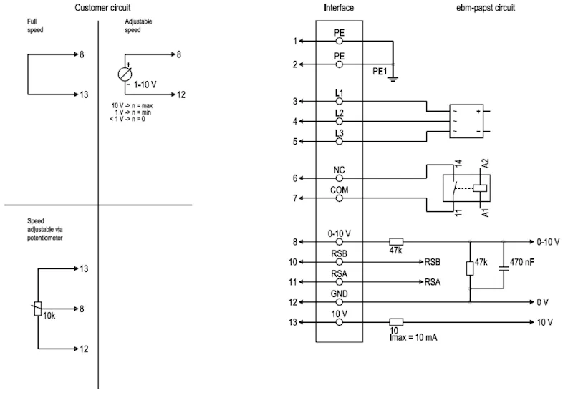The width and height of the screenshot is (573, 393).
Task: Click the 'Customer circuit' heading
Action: (x=102, y=8)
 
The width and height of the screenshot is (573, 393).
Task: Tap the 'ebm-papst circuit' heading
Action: (x=486, y=8)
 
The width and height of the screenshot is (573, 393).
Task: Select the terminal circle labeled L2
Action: (x=339, y=121)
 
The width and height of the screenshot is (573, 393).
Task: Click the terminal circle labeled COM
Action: (x=339, y=198)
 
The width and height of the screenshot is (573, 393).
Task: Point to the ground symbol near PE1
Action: (x=393, y=79)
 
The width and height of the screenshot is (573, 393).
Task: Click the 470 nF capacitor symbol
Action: (x=504, y=268)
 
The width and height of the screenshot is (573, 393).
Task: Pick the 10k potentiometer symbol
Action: (x=38, y=309)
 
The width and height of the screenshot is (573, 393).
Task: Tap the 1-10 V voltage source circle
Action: (x=125, y=74)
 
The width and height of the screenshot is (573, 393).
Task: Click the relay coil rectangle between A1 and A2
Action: (x=479, y=188)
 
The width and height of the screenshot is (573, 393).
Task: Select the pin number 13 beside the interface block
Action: (x=293, y=322)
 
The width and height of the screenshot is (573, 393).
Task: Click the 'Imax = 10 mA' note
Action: (x=413, y=337)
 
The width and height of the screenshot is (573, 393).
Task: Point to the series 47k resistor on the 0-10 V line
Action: (x=396, y=241)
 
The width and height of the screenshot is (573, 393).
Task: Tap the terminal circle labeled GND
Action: (x=339, y=302)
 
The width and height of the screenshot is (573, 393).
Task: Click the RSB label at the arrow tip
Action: (x=433, y=262)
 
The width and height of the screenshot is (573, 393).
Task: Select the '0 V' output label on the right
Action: (x=543, y=302)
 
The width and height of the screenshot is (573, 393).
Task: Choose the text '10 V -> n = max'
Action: (x=132, y=105)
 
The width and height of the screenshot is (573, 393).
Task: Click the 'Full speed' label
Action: (x=35, y=26)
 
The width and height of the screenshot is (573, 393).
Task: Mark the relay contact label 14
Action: (x=458, y=163)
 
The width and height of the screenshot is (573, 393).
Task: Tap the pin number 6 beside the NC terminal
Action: (x=295, y=178)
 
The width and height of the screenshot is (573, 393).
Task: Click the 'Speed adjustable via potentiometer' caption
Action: (x=45, y=229)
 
